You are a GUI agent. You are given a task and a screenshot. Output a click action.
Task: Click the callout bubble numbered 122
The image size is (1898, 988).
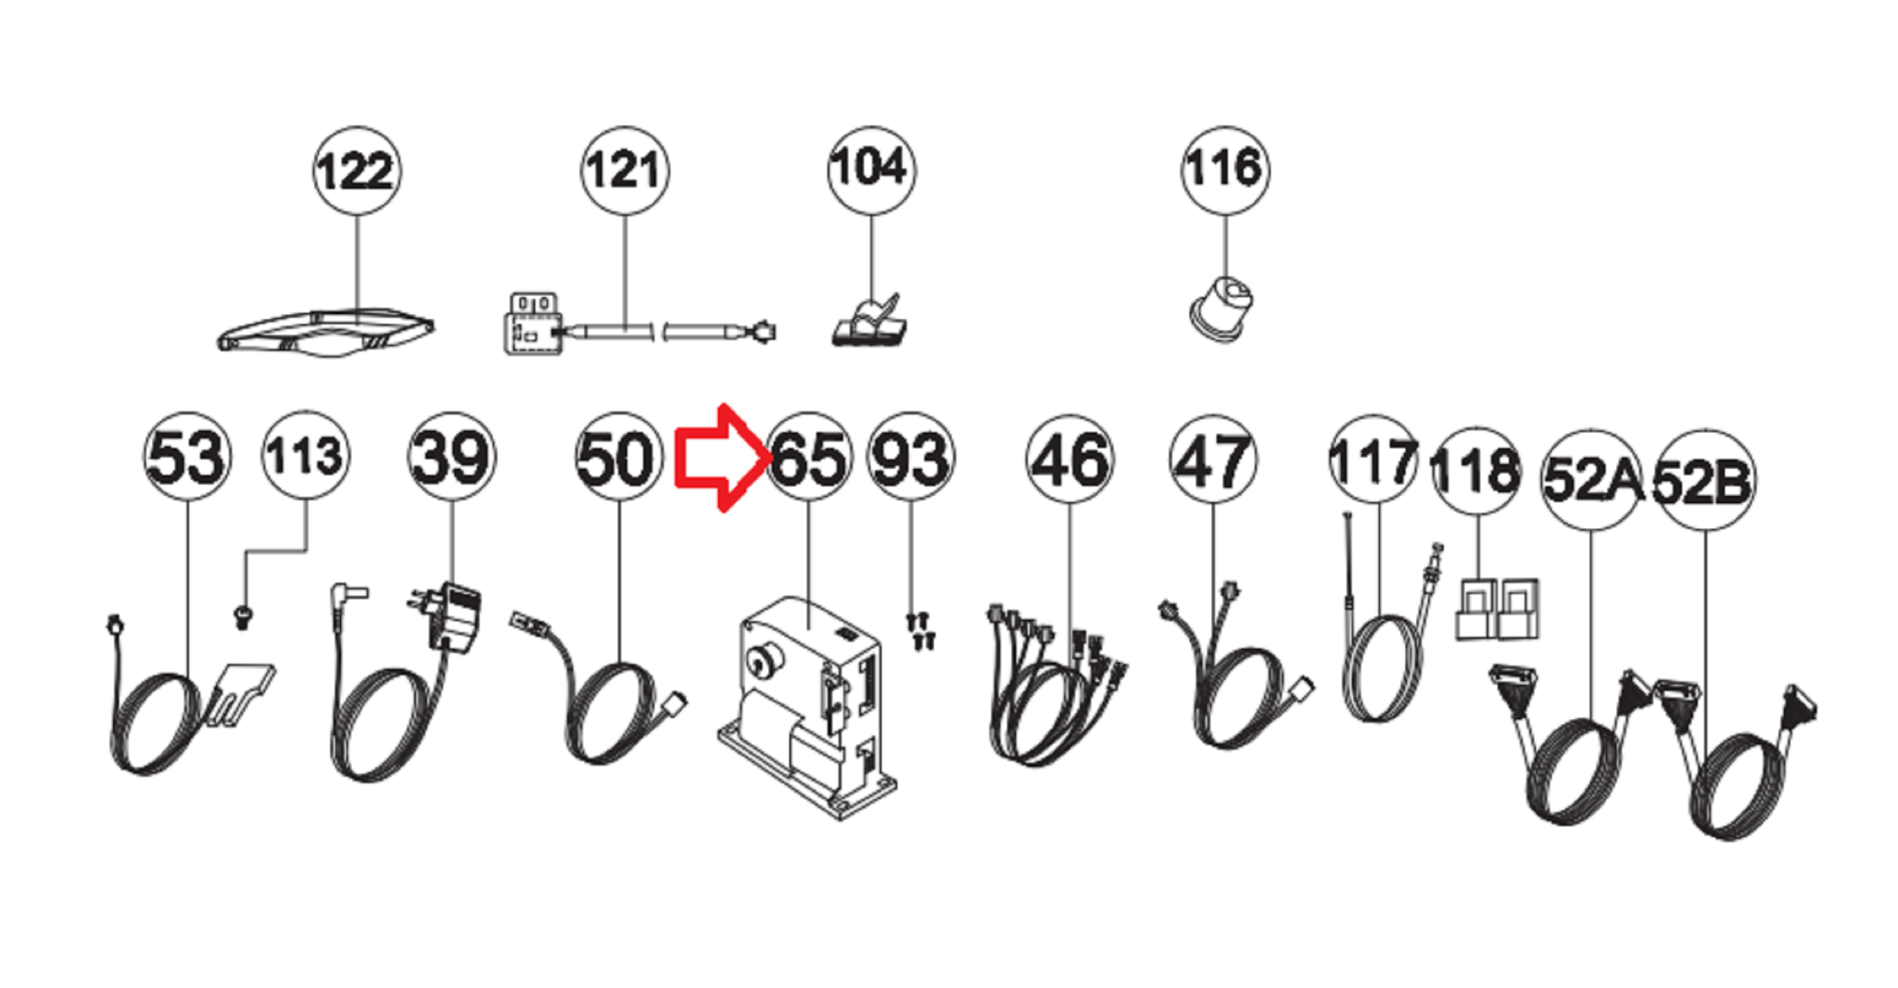[357, 171]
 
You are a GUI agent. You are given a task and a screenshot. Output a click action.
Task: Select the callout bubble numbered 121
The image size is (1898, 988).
[625, 171]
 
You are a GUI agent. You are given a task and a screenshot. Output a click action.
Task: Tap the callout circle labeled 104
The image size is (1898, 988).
[871, 171]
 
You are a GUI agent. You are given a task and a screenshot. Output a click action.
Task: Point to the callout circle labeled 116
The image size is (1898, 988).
[1225, 171]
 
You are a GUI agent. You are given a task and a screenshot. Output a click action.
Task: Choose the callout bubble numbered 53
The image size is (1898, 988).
[187, 456]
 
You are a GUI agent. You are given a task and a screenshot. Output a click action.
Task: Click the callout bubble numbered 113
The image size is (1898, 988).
[306, 455]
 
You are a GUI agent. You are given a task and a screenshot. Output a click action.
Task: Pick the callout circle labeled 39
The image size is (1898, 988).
[452, 456]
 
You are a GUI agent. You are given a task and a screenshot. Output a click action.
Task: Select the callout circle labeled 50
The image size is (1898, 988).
[619, 456]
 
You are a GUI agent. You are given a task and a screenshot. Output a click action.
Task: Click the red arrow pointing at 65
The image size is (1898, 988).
[723, 458]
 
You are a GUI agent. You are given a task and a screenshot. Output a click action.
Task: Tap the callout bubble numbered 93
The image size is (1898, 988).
[911, 456]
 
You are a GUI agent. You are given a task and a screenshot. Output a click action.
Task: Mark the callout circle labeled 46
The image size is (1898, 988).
[1069, 459]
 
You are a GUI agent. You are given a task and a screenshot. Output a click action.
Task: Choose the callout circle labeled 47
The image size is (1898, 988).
[1214, 459]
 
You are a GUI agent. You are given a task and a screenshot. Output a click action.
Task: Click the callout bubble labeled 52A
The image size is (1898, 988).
[1591, 480]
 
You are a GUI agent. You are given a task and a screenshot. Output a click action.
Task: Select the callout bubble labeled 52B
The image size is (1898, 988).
[1704, 480]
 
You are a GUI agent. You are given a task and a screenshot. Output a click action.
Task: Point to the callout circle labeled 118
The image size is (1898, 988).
[1477, 471]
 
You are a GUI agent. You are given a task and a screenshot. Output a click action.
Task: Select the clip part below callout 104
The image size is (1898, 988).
[869, 322]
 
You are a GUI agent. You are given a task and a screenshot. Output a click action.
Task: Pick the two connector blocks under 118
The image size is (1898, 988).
[1497, 609]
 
